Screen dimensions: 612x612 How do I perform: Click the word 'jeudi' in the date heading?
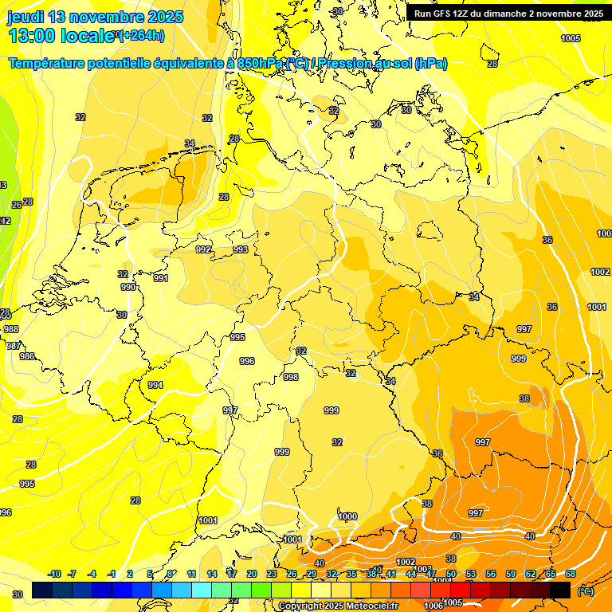(x=25, y=17)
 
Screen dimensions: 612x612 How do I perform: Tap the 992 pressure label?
(x=204, y=249)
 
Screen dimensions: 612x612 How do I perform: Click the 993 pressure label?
(x=241, y=249)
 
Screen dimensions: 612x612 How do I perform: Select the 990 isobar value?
(x=128, y=287)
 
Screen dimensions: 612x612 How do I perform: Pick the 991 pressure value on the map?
(x=161, y=278)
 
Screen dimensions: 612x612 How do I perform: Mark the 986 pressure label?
(x=27, y=356)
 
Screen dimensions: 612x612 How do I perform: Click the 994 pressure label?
(x=155, y=385)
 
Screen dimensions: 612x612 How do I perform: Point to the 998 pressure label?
(x=291, y=377)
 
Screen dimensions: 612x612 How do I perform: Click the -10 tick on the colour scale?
(x=54, y=574)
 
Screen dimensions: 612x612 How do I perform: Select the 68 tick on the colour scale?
(x=571, y=574)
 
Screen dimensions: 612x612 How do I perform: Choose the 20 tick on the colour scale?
(x=251, y=574)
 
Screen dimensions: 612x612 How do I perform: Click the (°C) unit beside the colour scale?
(x=585, y=591)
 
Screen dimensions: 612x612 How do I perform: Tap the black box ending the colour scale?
(x=560, y=590)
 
